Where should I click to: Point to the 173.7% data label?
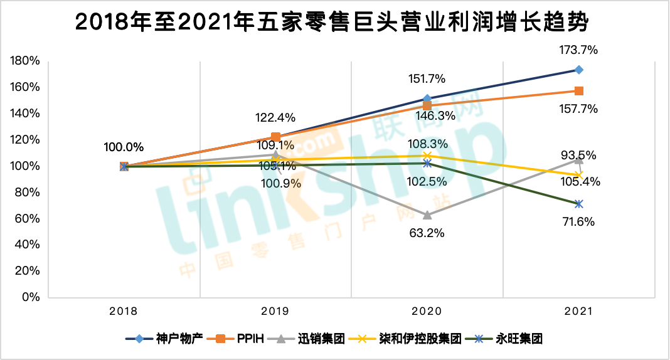click(579, 50)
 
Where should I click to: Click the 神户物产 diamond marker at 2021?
click(579, 70)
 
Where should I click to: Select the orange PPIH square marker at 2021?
click(579, 91)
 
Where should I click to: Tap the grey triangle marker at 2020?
click(427, 214)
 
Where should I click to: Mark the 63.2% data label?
click(427, 233)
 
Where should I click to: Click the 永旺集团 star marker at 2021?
click(579, 204)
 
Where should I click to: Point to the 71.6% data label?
click(579, 221)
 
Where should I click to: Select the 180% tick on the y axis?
click(25, 61)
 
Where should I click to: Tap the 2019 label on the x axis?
click(275, 311)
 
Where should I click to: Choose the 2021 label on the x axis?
click(578, 311)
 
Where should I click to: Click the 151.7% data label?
click(427, 79)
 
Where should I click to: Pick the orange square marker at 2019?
click(275, 137)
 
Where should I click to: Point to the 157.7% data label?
click(579, 109)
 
